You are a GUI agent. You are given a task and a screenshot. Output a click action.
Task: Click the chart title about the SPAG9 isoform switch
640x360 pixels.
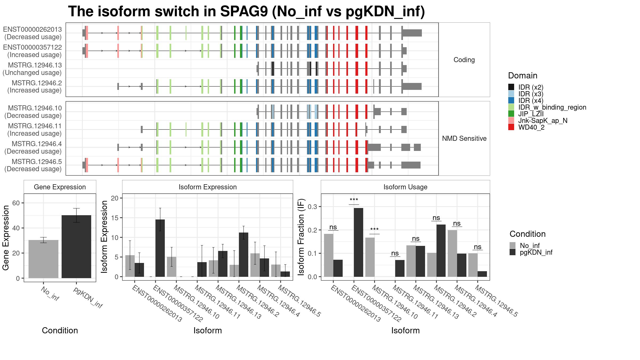click(246, 12)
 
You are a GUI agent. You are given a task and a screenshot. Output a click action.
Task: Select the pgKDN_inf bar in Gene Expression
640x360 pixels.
click(76, 247)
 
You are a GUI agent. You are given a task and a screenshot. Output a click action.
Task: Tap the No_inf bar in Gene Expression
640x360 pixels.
click(43, 259)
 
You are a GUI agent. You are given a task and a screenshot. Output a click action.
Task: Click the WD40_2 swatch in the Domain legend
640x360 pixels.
click(511, 127)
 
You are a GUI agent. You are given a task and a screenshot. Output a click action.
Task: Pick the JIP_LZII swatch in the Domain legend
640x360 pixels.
click(511, 114)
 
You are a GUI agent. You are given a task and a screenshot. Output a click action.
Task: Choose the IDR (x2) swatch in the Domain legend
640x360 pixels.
click(511, 87)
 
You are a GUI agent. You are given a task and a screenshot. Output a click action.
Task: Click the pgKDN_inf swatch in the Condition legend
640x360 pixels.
click(513, 252)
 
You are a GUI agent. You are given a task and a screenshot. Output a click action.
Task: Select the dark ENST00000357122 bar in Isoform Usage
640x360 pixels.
click(358, 242)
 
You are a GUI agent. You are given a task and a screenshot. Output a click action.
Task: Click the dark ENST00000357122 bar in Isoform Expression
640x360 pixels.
click(160, 248)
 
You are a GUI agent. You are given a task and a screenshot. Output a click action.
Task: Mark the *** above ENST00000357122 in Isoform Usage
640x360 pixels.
click(354, 200)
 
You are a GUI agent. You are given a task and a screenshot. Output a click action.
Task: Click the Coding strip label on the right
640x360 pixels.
click(464, 60)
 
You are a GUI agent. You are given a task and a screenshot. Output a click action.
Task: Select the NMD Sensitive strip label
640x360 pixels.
click(464, 138)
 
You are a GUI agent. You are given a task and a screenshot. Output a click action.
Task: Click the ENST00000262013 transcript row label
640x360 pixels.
click(33, 33)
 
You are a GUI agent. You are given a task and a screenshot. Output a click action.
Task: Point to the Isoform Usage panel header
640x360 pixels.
click(405, 187)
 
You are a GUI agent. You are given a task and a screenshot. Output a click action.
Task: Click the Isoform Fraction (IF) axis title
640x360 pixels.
click(301, 237)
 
